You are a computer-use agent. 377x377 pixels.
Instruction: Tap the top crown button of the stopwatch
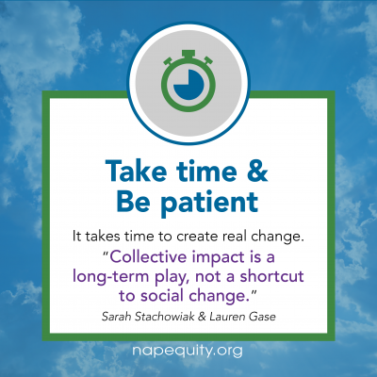point(188,54)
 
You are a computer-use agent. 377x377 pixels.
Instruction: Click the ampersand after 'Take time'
point(257,171)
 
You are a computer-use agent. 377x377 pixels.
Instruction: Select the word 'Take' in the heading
point(136,171)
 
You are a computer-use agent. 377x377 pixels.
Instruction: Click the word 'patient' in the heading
point(209,203)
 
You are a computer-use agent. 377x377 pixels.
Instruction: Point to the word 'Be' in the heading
point(134,202)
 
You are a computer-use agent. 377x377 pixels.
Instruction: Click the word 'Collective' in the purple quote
point(148,256)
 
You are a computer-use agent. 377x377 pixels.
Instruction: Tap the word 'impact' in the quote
point(217,258)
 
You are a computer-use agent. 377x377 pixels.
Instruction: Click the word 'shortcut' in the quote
point(272,276)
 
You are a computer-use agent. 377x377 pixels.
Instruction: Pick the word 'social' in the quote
point(162,296)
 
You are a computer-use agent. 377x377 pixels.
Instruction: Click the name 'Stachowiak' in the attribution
point(165,317)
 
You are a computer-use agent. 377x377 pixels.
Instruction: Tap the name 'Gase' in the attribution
point(262,317)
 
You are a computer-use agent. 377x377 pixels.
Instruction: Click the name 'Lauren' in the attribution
point(227,317)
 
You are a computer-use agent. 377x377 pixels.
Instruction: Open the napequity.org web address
point(188,351)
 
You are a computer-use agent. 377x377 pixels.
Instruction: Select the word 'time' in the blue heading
point(206,171)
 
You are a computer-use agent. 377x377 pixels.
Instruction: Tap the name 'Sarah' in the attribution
point(116,317)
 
